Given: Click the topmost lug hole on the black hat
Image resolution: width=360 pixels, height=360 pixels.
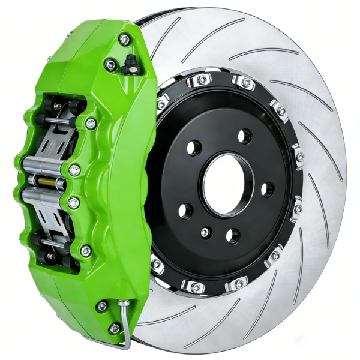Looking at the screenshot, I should tap(244, 136).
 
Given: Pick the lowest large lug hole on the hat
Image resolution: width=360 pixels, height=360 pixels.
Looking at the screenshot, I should tap(232, 236).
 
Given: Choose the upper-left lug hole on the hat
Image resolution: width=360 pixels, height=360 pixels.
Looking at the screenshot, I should tap(194, 148).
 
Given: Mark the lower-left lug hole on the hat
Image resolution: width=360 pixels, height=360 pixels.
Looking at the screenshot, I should tap(186, 211).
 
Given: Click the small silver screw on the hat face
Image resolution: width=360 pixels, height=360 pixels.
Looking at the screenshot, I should tap(206, 232).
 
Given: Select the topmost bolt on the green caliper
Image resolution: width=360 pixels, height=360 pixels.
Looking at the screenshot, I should tap(124, 40).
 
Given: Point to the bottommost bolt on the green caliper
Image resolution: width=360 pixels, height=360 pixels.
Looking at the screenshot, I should tap(114, 328).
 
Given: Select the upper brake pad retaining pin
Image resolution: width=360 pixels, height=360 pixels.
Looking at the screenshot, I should tap(57, 122).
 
